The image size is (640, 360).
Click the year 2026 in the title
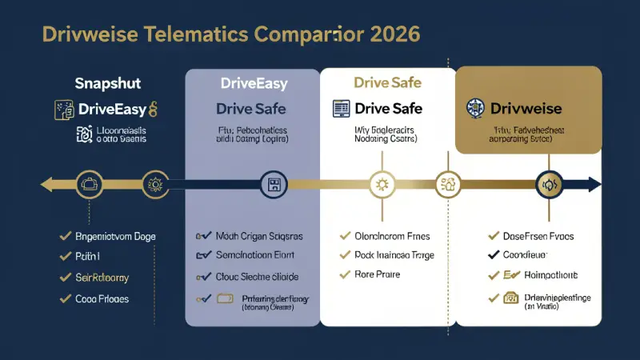392,35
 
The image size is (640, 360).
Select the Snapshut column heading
108,82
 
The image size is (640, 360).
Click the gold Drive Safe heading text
386,82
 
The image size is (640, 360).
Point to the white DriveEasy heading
253,82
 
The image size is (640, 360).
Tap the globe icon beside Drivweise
474,107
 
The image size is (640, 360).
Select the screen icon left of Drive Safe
339,108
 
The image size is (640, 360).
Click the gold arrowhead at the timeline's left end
47,185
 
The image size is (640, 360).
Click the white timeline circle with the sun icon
382,185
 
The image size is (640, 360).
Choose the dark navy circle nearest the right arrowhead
550,185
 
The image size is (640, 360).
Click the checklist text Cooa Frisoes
102,299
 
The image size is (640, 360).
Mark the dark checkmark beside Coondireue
494,256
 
